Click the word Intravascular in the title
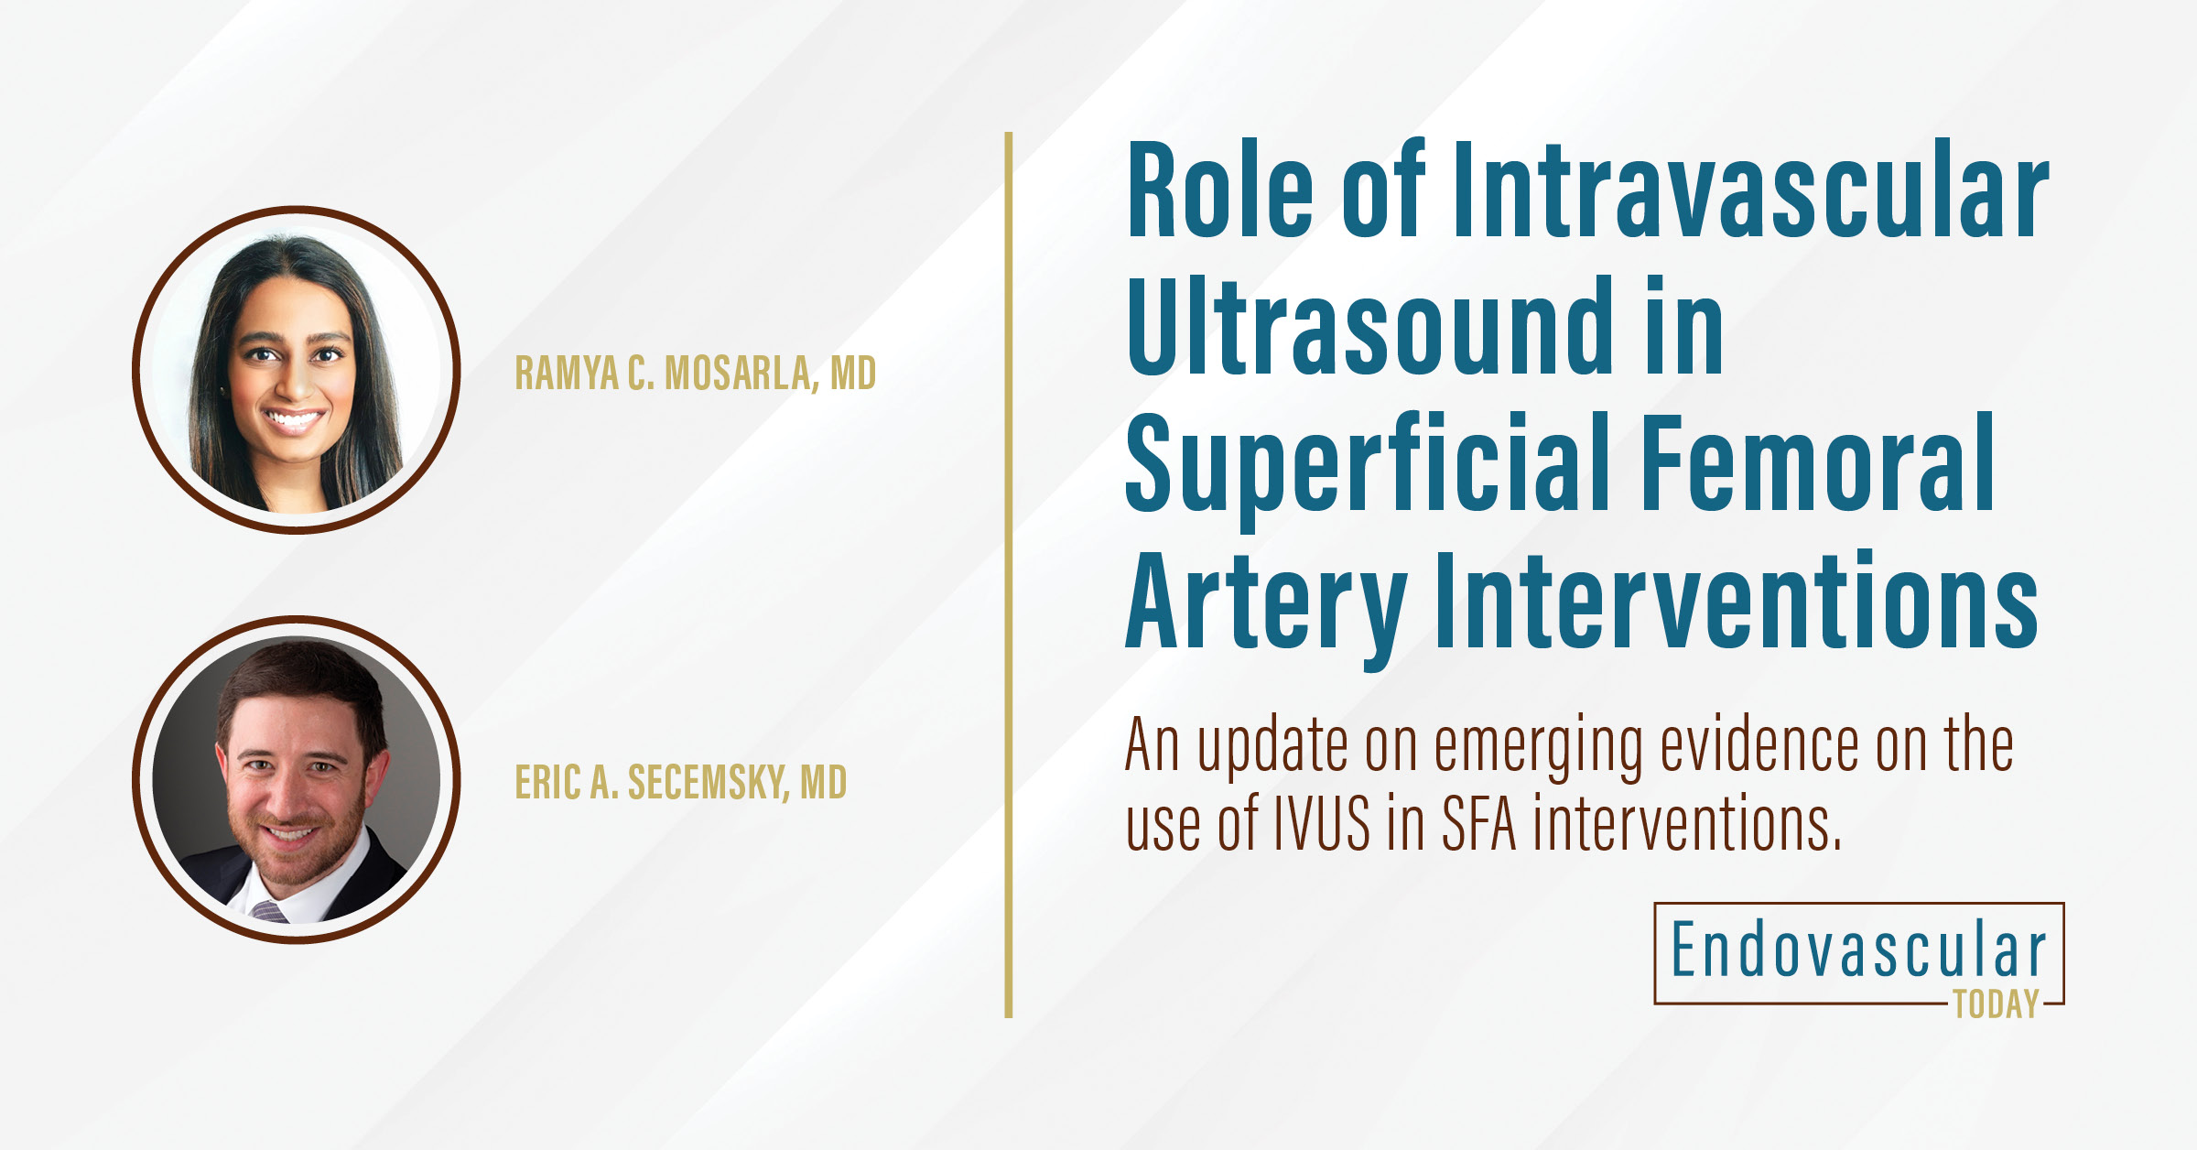(1750, 190)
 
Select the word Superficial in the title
(1368, 465)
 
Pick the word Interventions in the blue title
(1736, 601)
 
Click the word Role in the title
(1220, 190)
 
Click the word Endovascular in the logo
(1858, 950)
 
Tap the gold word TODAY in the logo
(1996, 1004)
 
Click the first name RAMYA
(567, 373)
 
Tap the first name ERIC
(547, 782)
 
